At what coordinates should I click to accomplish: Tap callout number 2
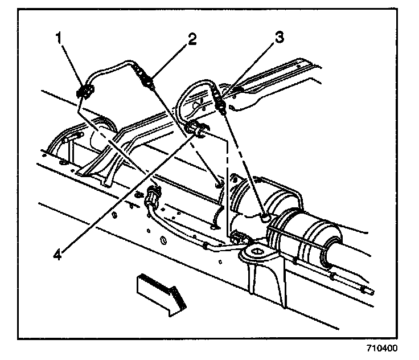[x=192, y=39]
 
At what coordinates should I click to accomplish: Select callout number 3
[x=278, y=38]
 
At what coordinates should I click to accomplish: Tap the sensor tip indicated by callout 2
[x=150, y=84]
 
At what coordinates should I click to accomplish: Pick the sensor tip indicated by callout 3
[x=224, y=104]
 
